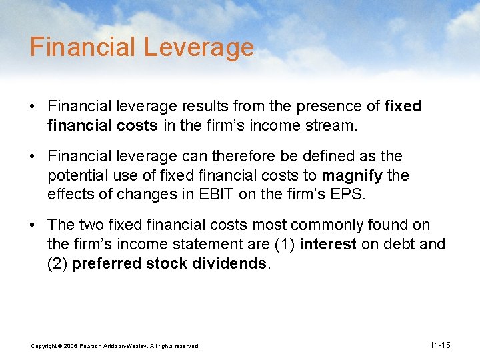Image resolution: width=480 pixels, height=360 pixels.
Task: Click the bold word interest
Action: click(x=329, y=244)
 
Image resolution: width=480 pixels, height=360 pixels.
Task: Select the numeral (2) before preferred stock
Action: click(x=57, y=263)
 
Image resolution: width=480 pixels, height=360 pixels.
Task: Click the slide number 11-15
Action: click(x=440, y=345)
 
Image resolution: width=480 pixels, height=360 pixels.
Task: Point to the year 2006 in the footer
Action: click(x=71, y=346)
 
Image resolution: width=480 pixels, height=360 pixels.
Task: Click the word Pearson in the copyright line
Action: click(x=93, y=346)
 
